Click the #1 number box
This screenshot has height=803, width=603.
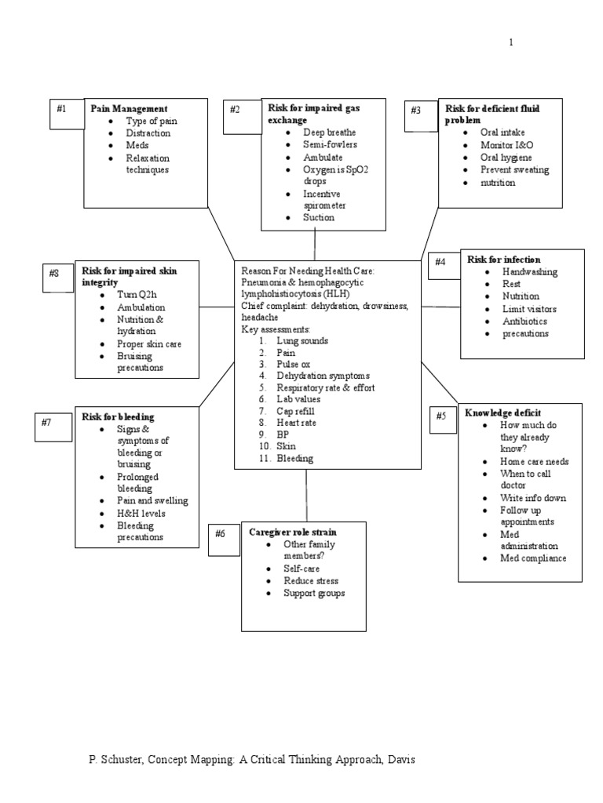click(64, 113)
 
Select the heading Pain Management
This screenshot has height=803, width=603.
click(129, 109)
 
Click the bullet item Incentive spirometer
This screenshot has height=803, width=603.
click(324, 199)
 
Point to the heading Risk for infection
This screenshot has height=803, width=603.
click(503, 260)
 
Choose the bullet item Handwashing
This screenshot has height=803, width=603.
click(530, 272)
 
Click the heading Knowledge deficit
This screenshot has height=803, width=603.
click(502, 413)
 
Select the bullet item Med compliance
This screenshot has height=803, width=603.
click(533, 558)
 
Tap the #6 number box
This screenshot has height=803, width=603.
click(224, 539)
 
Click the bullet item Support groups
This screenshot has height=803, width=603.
click(314, 594)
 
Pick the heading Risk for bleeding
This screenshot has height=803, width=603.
click(118, 417)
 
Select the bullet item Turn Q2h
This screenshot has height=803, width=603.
click(137, 295)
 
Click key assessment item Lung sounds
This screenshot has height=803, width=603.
click(302, 341)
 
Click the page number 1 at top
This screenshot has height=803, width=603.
click(511, 42)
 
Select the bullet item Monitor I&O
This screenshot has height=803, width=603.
click(507, 145)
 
